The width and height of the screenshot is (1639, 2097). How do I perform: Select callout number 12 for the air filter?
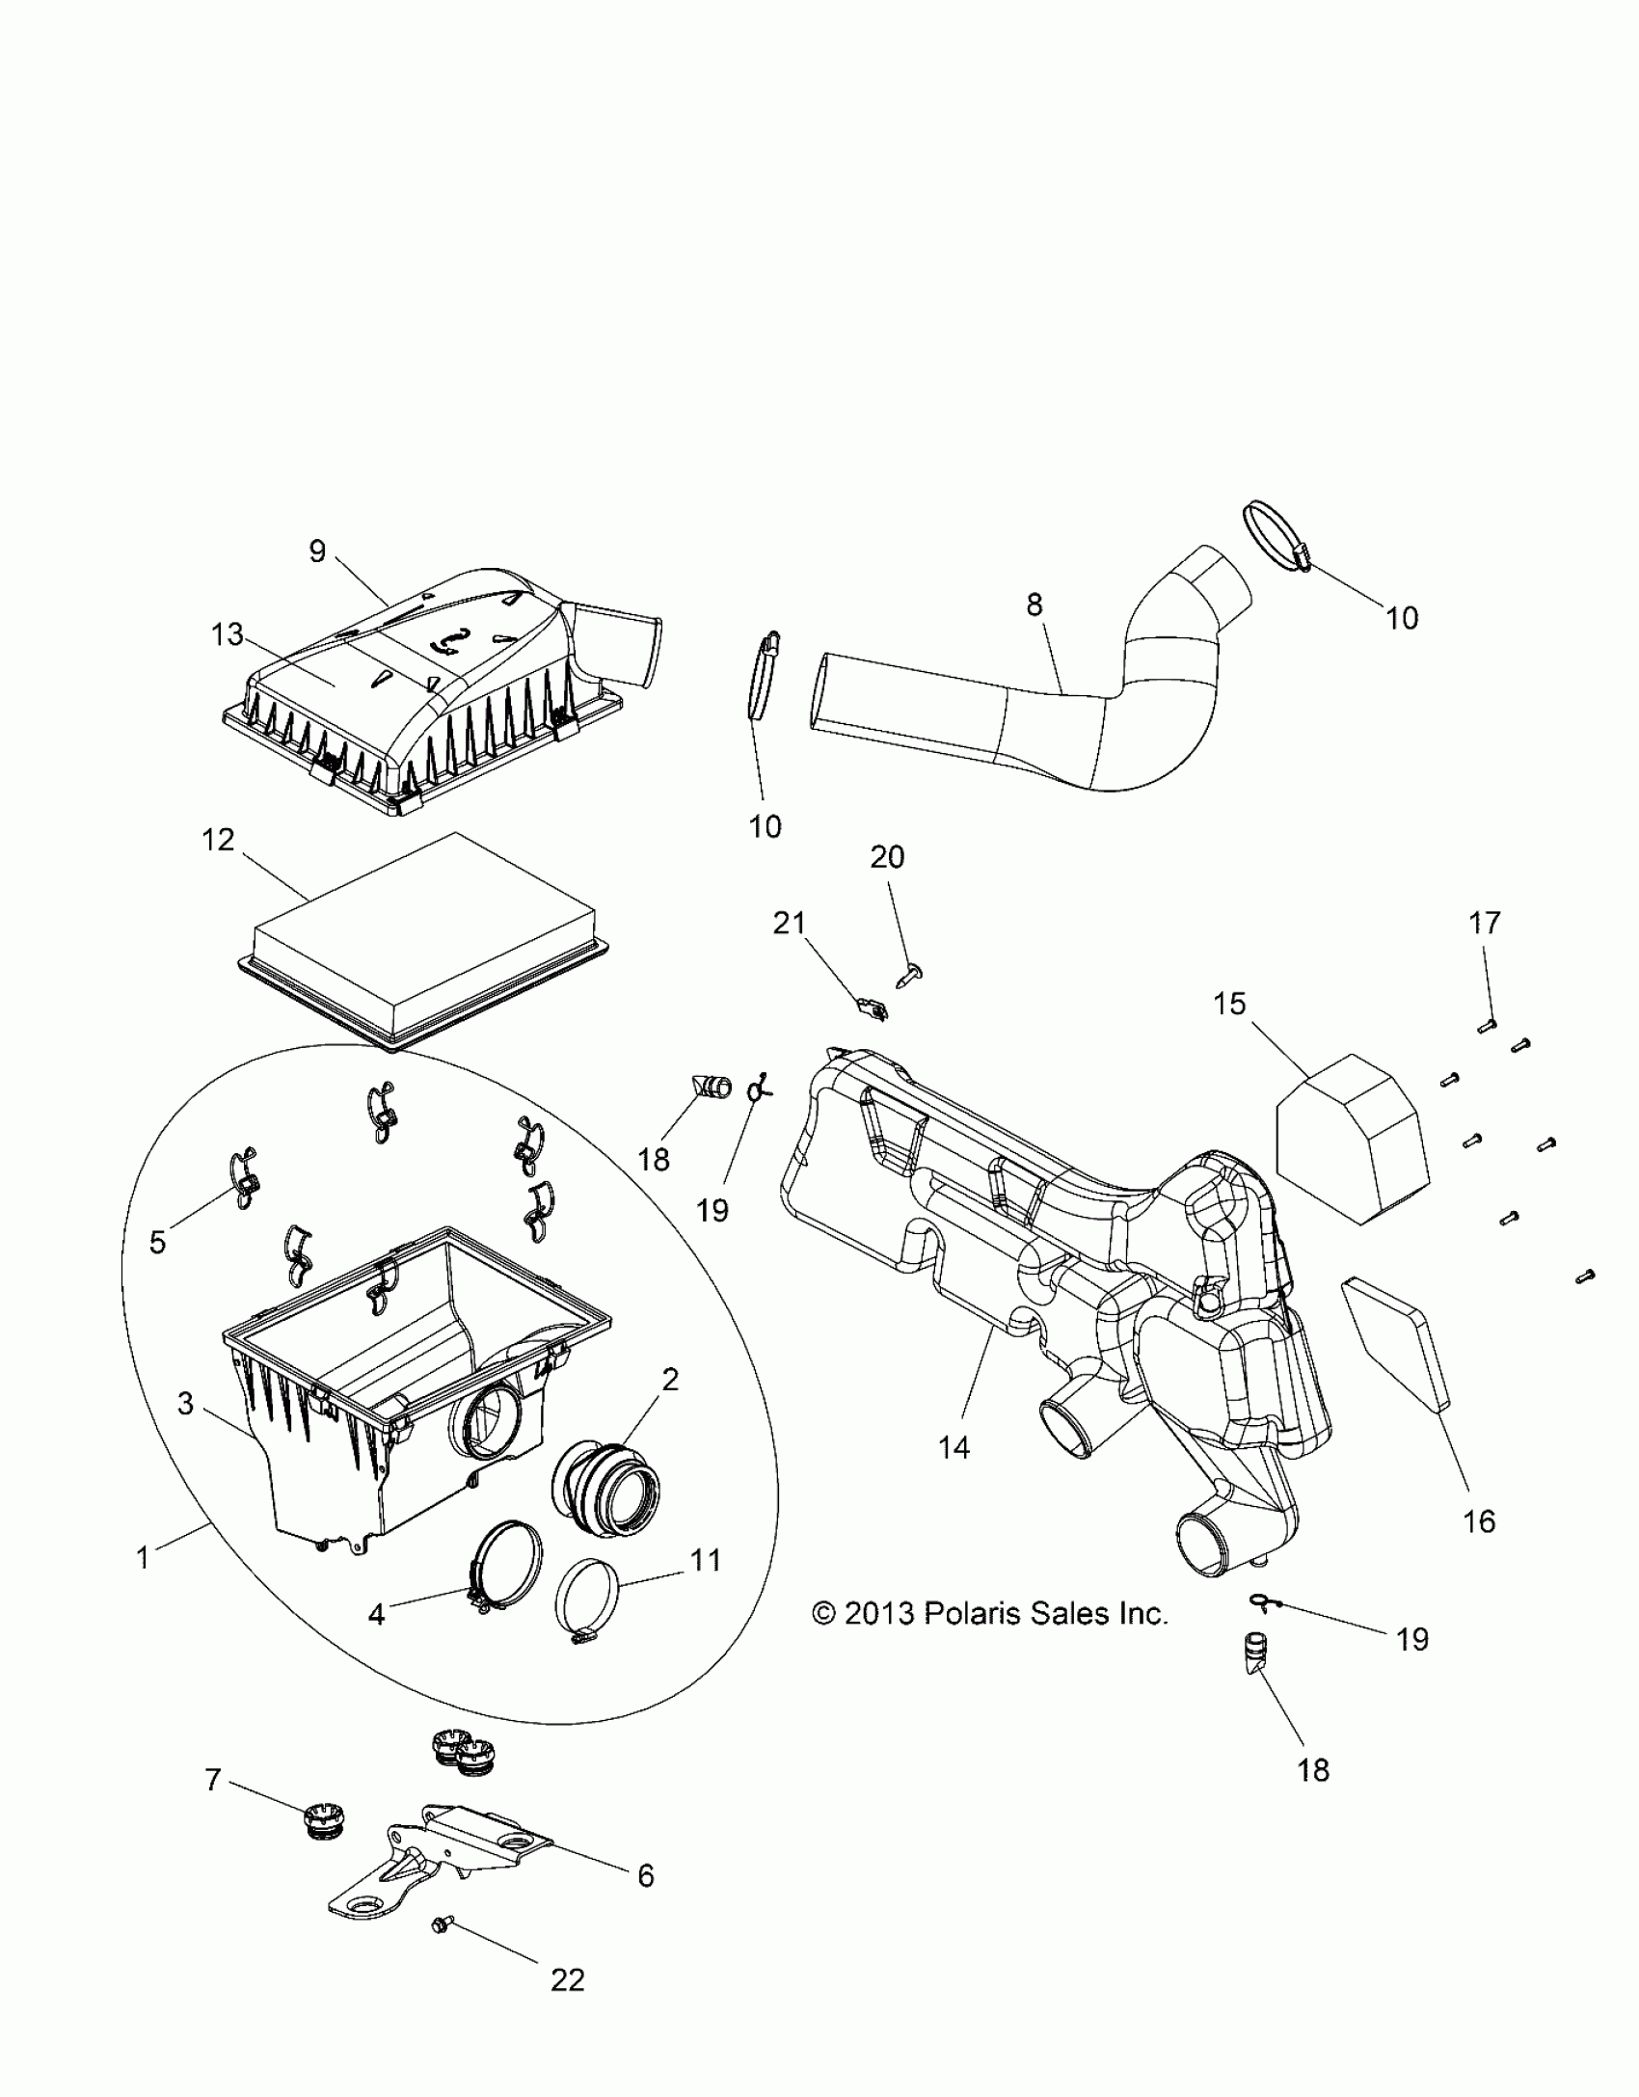point(219,840)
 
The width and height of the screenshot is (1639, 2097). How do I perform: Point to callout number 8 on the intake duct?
point(1034,605)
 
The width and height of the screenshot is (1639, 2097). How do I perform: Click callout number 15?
point(1230,1004)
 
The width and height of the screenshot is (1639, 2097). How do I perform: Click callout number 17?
point(1485,923)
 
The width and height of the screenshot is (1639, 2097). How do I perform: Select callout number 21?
point(790,923)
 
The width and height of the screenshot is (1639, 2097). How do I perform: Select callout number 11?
point(706,1560)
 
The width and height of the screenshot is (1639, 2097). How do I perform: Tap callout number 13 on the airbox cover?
point(228,635)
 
